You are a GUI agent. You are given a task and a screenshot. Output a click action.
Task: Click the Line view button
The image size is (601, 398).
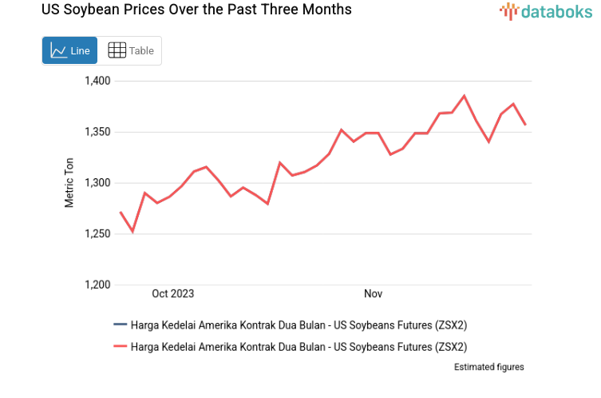click(x=69, y=50)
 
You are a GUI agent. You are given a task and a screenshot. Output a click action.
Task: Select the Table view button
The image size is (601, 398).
click(x=130, y=50)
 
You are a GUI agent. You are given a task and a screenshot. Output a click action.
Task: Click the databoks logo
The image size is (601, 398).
click(x=546, y=11)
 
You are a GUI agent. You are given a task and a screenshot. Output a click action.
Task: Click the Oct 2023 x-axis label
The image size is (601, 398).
click(x=172, y=294)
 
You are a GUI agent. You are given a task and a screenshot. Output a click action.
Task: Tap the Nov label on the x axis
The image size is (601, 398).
click(x=373, y=294)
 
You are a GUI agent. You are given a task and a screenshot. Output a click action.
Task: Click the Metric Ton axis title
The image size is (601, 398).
click(x=69, y=182)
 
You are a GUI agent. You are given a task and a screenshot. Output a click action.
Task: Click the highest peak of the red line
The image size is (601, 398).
click(x=464, y=96)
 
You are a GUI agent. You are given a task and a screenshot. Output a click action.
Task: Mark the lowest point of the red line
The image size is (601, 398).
click(x=132, y=232)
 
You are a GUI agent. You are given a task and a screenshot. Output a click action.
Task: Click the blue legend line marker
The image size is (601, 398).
click(x=120, y=324)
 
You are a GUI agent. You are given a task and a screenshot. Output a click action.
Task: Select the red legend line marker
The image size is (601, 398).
click(x=120, y=347)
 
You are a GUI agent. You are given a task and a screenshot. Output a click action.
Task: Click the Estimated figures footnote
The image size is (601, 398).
click(x=488, y=367)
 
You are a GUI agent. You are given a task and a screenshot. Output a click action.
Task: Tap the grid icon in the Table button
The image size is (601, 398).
click(x=117, y=50)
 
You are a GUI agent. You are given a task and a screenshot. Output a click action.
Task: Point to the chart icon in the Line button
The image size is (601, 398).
click(x=58, y=50)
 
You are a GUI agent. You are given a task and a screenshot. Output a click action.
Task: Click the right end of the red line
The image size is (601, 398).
click(x=524, y=125)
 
